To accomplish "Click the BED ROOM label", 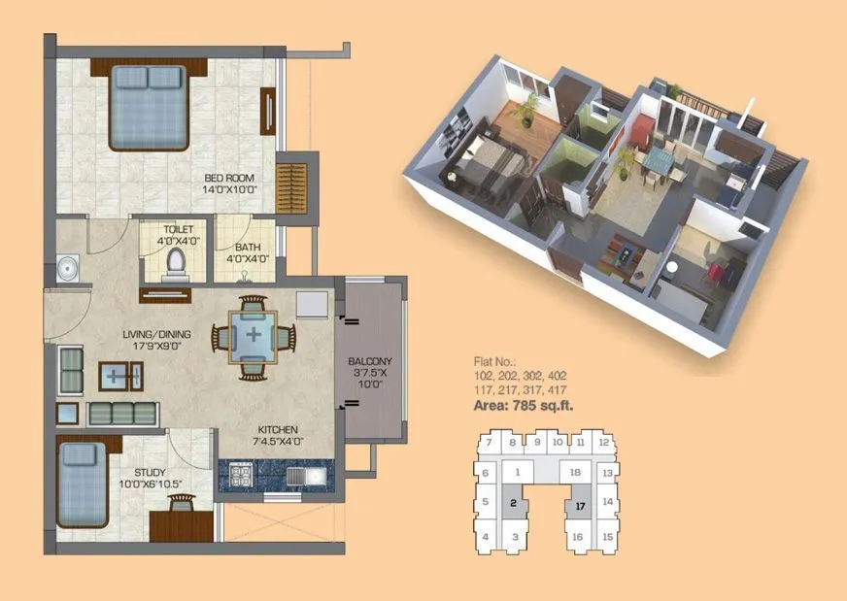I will [x=229, y=184].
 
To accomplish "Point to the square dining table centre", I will [x=254, y=336].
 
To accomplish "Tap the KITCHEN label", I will [x=278, y=435].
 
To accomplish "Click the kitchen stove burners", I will [x=240, y=476].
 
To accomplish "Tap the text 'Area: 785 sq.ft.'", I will [x=523, y=406].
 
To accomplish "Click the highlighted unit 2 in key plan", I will [x=513, y=504].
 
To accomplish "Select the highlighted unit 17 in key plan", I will [x=580, y=506].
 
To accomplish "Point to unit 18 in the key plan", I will [x=575, y=472].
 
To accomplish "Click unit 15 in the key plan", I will [x=607, y=536].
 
